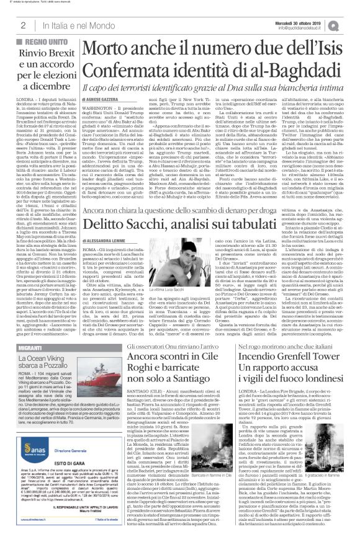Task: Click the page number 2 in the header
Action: (x=22, y=25)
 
